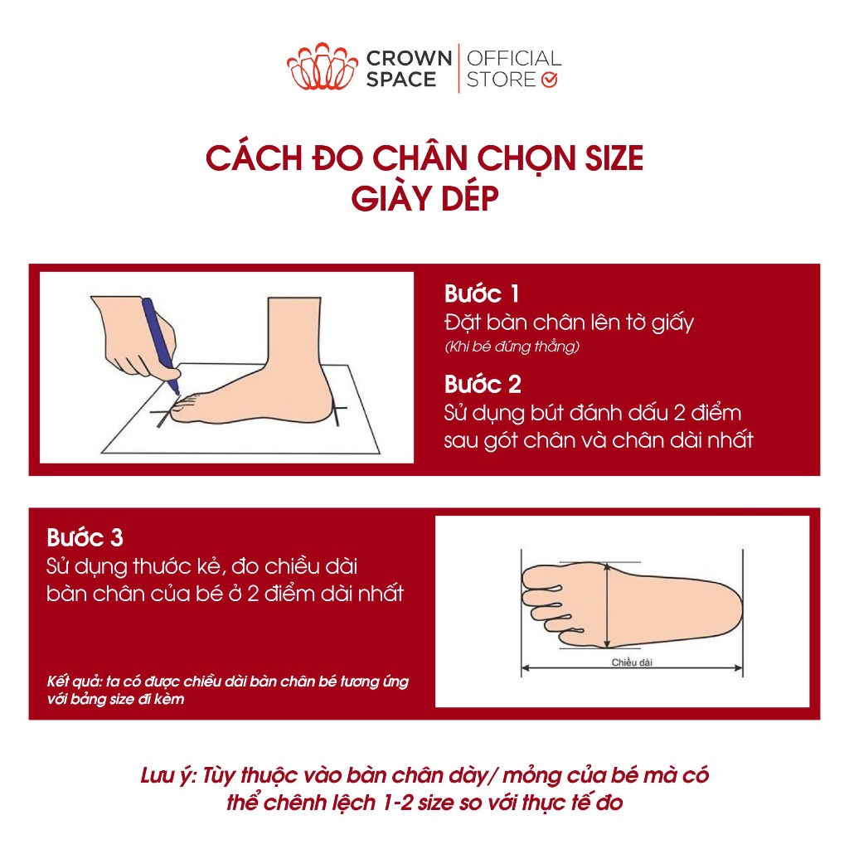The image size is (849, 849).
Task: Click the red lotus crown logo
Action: pos(323,66)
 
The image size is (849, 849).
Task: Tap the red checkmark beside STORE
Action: pos(549,80)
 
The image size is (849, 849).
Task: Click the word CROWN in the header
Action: pos(410,58)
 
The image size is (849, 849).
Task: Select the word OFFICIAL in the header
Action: pos(514,58)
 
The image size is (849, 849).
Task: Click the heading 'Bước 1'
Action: pos(482,294)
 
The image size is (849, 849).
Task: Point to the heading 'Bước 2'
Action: pos(483,385)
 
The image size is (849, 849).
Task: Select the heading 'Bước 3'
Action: pos(85,537)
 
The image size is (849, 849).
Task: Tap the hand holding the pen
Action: pos(135,337)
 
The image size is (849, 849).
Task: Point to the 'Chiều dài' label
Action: pos(632,662)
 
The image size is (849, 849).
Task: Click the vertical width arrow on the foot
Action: pos(608,605)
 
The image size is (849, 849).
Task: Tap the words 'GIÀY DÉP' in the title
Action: pos(424,198)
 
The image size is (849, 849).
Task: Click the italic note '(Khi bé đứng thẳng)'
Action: pos(512,347)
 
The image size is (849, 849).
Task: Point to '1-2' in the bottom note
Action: pos(398,803)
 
